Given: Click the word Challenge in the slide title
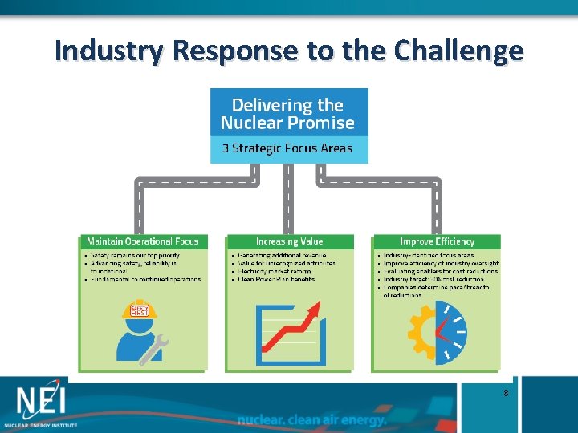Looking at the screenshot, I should (x=458, y=51).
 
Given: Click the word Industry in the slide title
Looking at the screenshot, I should (x=110, y=51).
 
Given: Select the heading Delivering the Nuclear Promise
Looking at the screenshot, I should (x=288, y=114).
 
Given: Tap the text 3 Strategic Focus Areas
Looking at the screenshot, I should (x=288, y=148).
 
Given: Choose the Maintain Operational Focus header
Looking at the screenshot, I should (x=142, y=241).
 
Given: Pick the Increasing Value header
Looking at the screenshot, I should (x=289, y=241).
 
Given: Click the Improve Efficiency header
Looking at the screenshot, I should (x=437, y=241).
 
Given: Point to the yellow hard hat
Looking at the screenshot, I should (x=140, y=310).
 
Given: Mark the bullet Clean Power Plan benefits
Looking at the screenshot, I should (x=277, y=280).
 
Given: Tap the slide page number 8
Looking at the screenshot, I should (x=505, y=393).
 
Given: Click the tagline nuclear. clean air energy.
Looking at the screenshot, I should (x=312, y=419).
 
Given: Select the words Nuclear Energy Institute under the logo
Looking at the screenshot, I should (x=40, y=423).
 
